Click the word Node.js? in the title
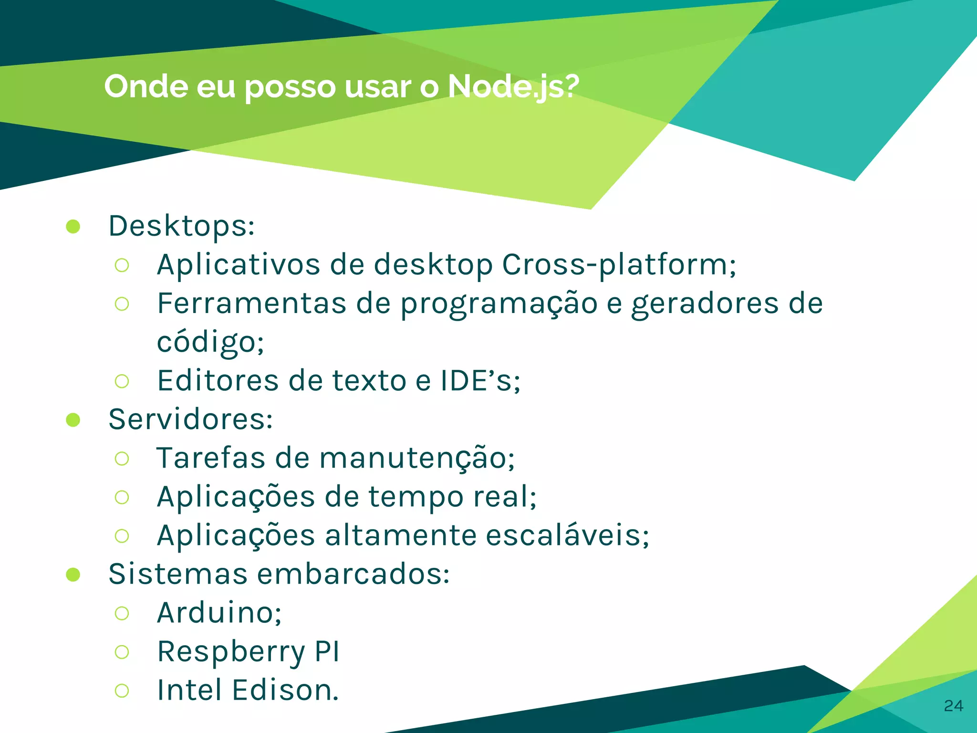[x=513, y=87]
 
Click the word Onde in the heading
[x=146, y=86]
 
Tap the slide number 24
[x=953, y=706]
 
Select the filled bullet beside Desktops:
[x=73, y=227]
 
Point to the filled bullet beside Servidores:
[x=73, y=420]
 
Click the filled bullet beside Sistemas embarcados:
[x=73, y=575]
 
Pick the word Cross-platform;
[x=619, y=265]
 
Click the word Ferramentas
[x=251, y=304]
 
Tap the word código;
[x=210, y=343]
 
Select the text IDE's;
[x=480, y=381]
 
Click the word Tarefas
[x=210, y=458]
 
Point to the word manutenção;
[x=417, y=458]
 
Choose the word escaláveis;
[x=567, y=535]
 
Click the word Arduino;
[x=219, y=613]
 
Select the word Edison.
[x=285, y=691]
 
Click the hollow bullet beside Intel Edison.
[x=122, y=691]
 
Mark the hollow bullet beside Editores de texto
[x=122, y=381]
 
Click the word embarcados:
[x=353, y=574]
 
